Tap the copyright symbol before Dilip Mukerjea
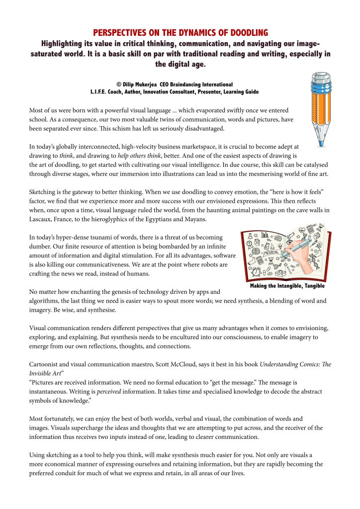tap(119, 85)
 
